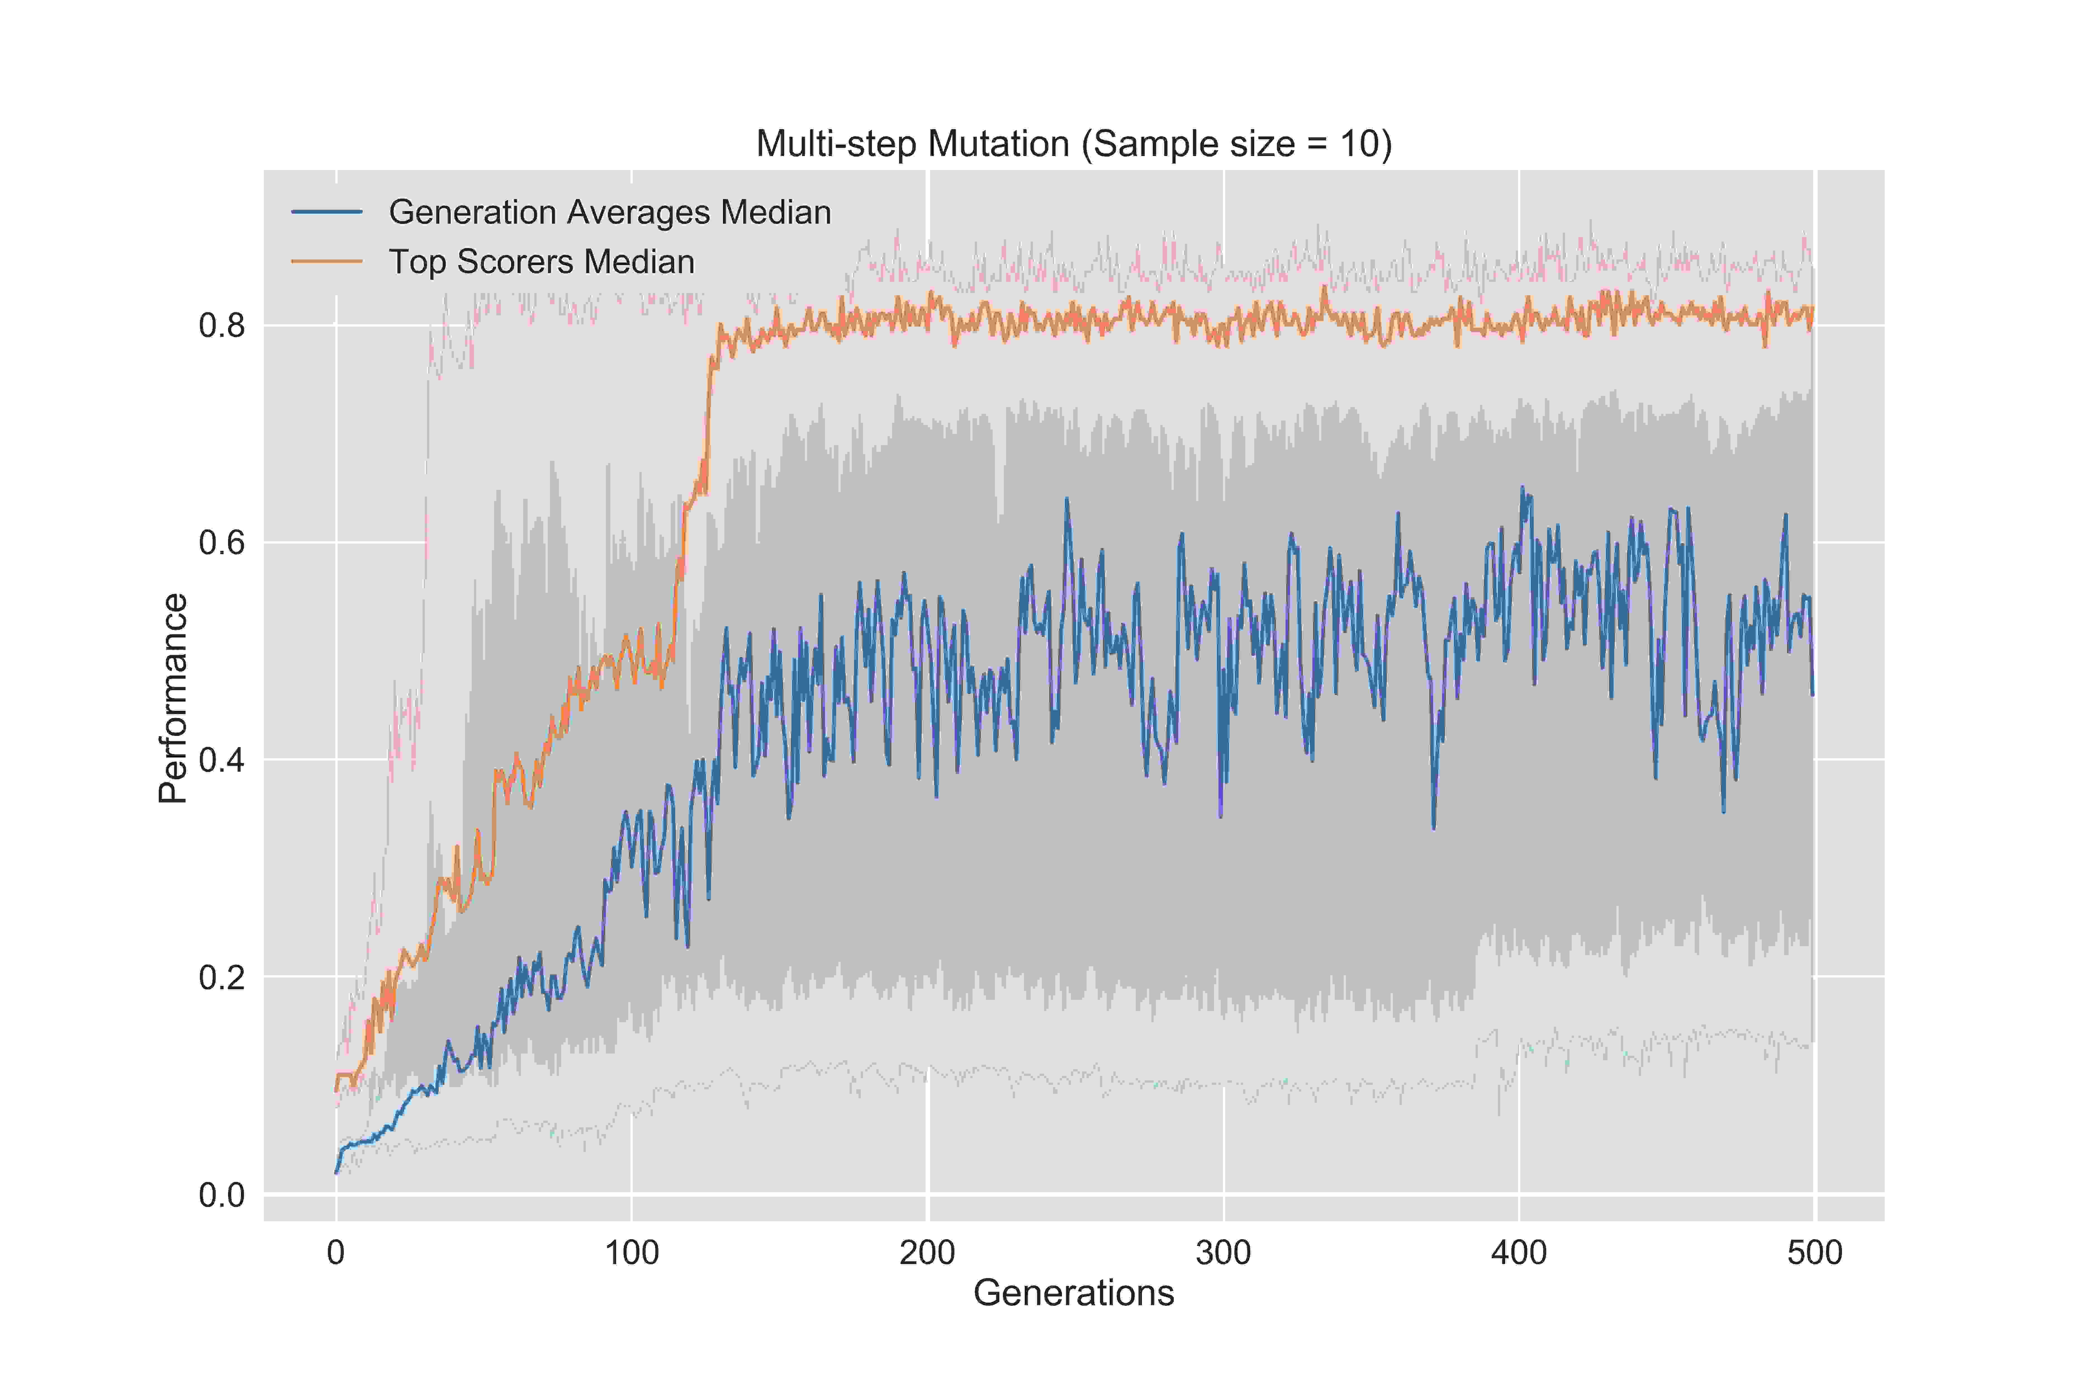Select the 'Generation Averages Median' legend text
[x=610, y=212]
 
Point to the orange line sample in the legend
[x=327, y=261]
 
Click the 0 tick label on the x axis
[x=336, y=1253]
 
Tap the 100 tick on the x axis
[x=632, y=1253]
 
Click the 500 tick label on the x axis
[x=1814, y=1253]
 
